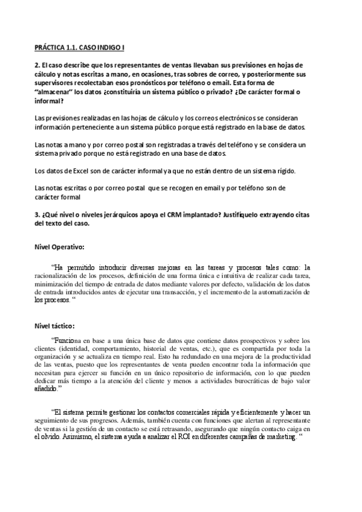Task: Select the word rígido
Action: point(282,171)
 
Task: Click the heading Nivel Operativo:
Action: point(59,247)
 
